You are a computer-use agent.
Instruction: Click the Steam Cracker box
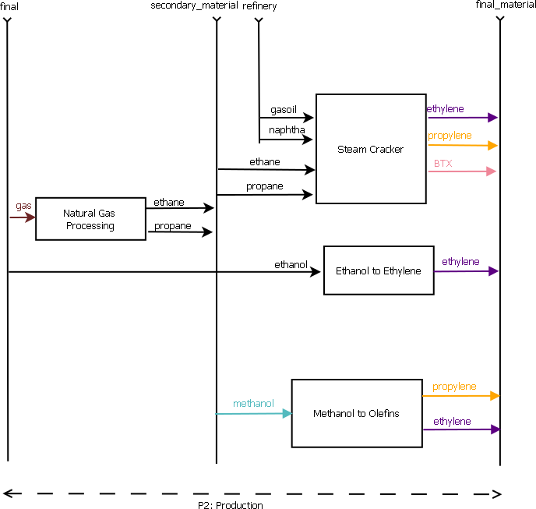(x=370, y=149)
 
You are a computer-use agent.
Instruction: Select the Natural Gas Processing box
(x=90, y=219)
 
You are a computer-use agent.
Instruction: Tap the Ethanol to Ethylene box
(x=378, y=270)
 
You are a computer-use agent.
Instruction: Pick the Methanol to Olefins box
(x=356, y=413)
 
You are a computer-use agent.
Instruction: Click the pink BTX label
(x=443, y=164)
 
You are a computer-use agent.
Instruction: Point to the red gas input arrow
(x=23, y=217)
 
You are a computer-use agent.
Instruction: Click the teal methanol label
(x=253, y=404)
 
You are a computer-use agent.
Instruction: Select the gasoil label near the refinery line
(x=284, y=110)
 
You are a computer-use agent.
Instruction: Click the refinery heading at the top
(x=259, y=6)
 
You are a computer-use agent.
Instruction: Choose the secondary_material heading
(x=194, y=6)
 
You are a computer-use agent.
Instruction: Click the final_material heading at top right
(x=505, y=5)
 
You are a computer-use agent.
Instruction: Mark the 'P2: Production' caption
(x=230, y=505)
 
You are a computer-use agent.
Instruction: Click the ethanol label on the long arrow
(x=291, y=264)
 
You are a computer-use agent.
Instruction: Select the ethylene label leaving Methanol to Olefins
(x=452, y=422)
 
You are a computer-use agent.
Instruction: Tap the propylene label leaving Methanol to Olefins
(x=454, y=387)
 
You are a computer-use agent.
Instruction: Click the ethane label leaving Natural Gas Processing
(x=169, y=203)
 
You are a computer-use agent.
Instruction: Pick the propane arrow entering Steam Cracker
(x=265, y=195)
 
